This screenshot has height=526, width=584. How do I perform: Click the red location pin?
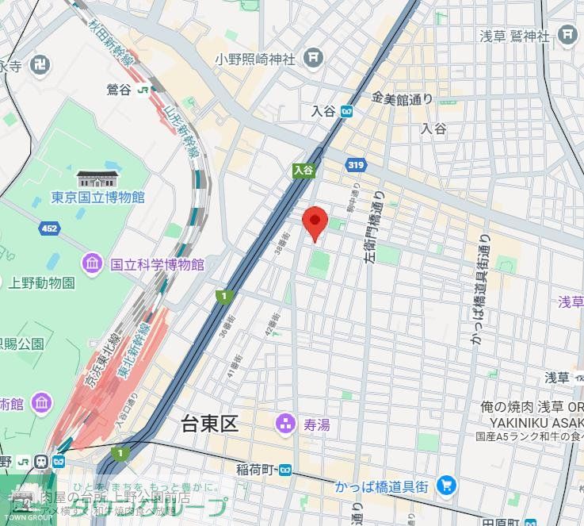(x=315, y=221)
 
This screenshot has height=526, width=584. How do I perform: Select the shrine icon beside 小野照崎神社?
(x=315, y=56)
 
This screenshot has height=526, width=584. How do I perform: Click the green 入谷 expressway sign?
(x=303, y=170)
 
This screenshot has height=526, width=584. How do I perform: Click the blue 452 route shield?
(x=49, y=228)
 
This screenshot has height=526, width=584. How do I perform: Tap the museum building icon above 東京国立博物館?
(x=97, y=179)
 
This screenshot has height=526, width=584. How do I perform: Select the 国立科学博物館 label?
(x=156, y=263)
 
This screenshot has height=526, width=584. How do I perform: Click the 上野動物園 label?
(x=41, y=282)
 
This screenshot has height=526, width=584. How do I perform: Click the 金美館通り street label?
(x=403, y=98)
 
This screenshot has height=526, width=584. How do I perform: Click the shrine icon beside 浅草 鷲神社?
(x=567, y=35)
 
